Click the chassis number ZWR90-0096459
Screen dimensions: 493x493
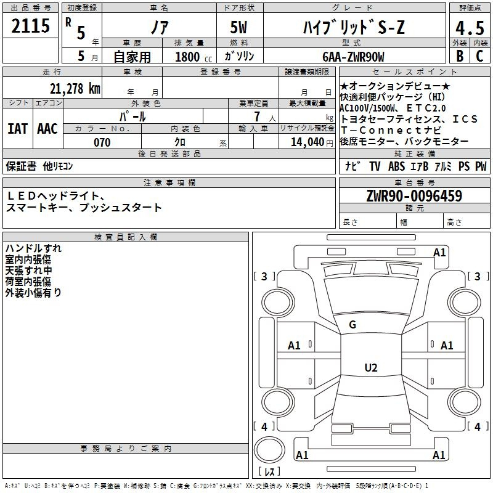point(414,196)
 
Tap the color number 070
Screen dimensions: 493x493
point(102,142)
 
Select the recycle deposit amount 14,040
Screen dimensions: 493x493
point(306,142)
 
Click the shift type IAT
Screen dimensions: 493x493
point(17,129)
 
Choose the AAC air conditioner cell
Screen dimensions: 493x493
point(47,129)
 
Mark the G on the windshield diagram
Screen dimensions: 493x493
point(352,325)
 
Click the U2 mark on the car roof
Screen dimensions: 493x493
point(370,368)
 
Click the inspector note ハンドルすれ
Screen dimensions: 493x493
point(33,248)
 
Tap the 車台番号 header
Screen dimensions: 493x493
point(414,182)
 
